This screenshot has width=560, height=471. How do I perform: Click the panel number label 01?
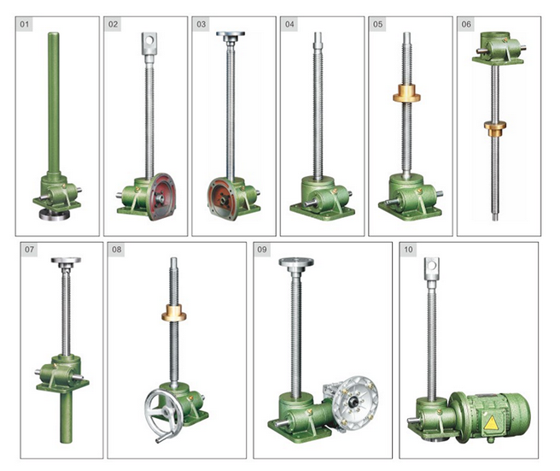[24, 24]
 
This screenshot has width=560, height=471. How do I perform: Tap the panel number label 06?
[466, 24]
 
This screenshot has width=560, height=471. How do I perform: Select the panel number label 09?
[262, 250]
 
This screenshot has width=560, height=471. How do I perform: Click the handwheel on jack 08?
[161, 415]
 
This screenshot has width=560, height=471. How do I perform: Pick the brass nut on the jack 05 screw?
[406, 93]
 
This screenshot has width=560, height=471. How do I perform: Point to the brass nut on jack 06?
[495, 128]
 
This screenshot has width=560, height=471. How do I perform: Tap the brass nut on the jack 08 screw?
[173, 313]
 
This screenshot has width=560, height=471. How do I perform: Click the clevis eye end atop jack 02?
[149, 44]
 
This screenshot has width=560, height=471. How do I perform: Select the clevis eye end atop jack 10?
[432, 268]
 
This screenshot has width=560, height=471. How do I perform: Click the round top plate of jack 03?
[230, 35]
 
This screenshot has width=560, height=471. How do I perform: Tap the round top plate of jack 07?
[66, 261]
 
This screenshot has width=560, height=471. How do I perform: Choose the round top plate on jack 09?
[296, 262]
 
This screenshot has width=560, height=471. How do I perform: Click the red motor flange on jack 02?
[161, 197]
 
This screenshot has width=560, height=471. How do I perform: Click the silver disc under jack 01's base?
[55, 215]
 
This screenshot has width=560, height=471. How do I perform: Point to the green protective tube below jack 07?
[67, 416]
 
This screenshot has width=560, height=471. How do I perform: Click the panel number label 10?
[408, 250]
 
